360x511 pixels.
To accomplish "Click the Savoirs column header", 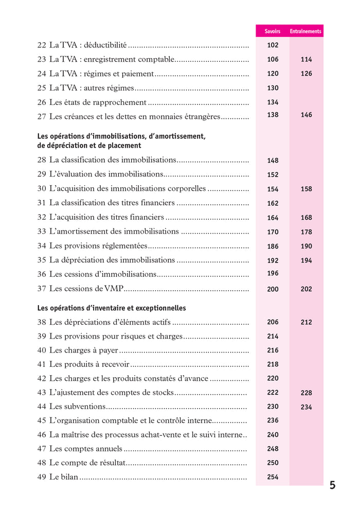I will click(x=272, y=31).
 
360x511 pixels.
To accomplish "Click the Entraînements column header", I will click(x=305, y=31).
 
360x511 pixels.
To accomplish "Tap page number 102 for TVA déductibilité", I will click(x=273, y=45).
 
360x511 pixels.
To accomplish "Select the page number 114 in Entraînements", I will click(x=306, y=60).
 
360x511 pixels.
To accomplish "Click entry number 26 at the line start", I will click(x=42, y=102).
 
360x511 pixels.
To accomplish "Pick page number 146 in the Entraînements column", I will click(x=306, y=115).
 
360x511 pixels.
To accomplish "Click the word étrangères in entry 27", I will click(x=200, y=117).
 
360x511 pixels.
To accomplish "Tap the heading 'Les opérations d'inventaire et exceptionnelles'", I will click(x=112, y=308).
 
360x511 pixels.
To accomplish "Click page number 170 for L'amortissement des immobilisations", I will click(x=273, y=232).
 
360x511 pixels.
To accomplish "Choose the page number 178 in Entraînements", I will click(x=306, y=232).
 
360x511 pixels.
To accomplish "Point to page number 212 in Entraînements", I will click(x=306, y=323).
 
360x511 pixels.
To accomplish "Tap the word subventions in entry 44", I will click(x=84, y=406).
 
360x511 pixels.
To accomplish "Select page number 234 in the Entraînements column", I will click(x=306, y=407).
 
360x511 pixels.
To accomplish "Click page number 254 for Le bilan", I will click(x=273, y=477).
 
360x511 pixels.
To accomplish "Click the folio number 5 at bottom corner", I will click(x=332, y=485).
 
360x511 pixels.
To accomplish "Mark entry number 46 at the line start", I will click(x=42, y=435).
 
